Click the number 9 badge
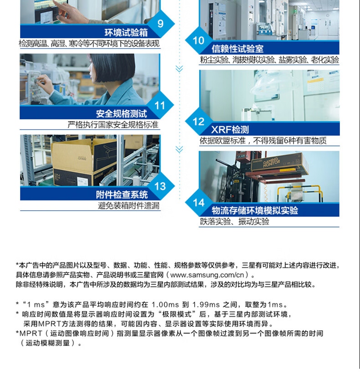pyautogui.click(x=160, y=24)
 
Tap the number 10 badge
pyautogui.click(x=199, y=41)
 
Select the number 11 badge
pyautogui.click(x=160, y=105)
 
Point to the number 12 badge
pyautogui.click(x=199, y=122)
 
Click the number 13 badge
pyautogui.click(x=160, y=186)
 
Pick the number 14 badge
pyautogui.click(x=199, y=203)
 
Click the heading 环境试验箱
pyautogui.click(x=126, y=32)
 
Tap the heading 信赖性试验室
pyautogui.click(x=237, y=49)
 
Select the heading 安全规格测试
pyautogui.click(x=121, y=113)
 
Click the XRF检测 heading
pyautogui.click(x=230, y=129)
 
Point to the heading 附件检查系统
pyautogui.click(x=122, y=195)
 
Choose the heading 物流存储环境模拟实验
pyautogui.click(x=255, y=211)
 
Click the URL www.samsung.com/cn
pyautogui.click(x=207, y=275)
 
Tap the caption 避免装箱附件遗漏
pyautogui.click(x=129, y=205)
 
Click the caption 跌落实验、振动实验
pyautogui.click(x=235, y=222)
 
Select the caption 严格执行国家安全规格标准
pyautogui.click(x=113, y=124)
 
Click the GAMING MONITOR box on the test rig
pyautogui.click(x=279, y=163)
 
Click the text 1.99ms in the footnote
pyautogui.click(x=206, y=305)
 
